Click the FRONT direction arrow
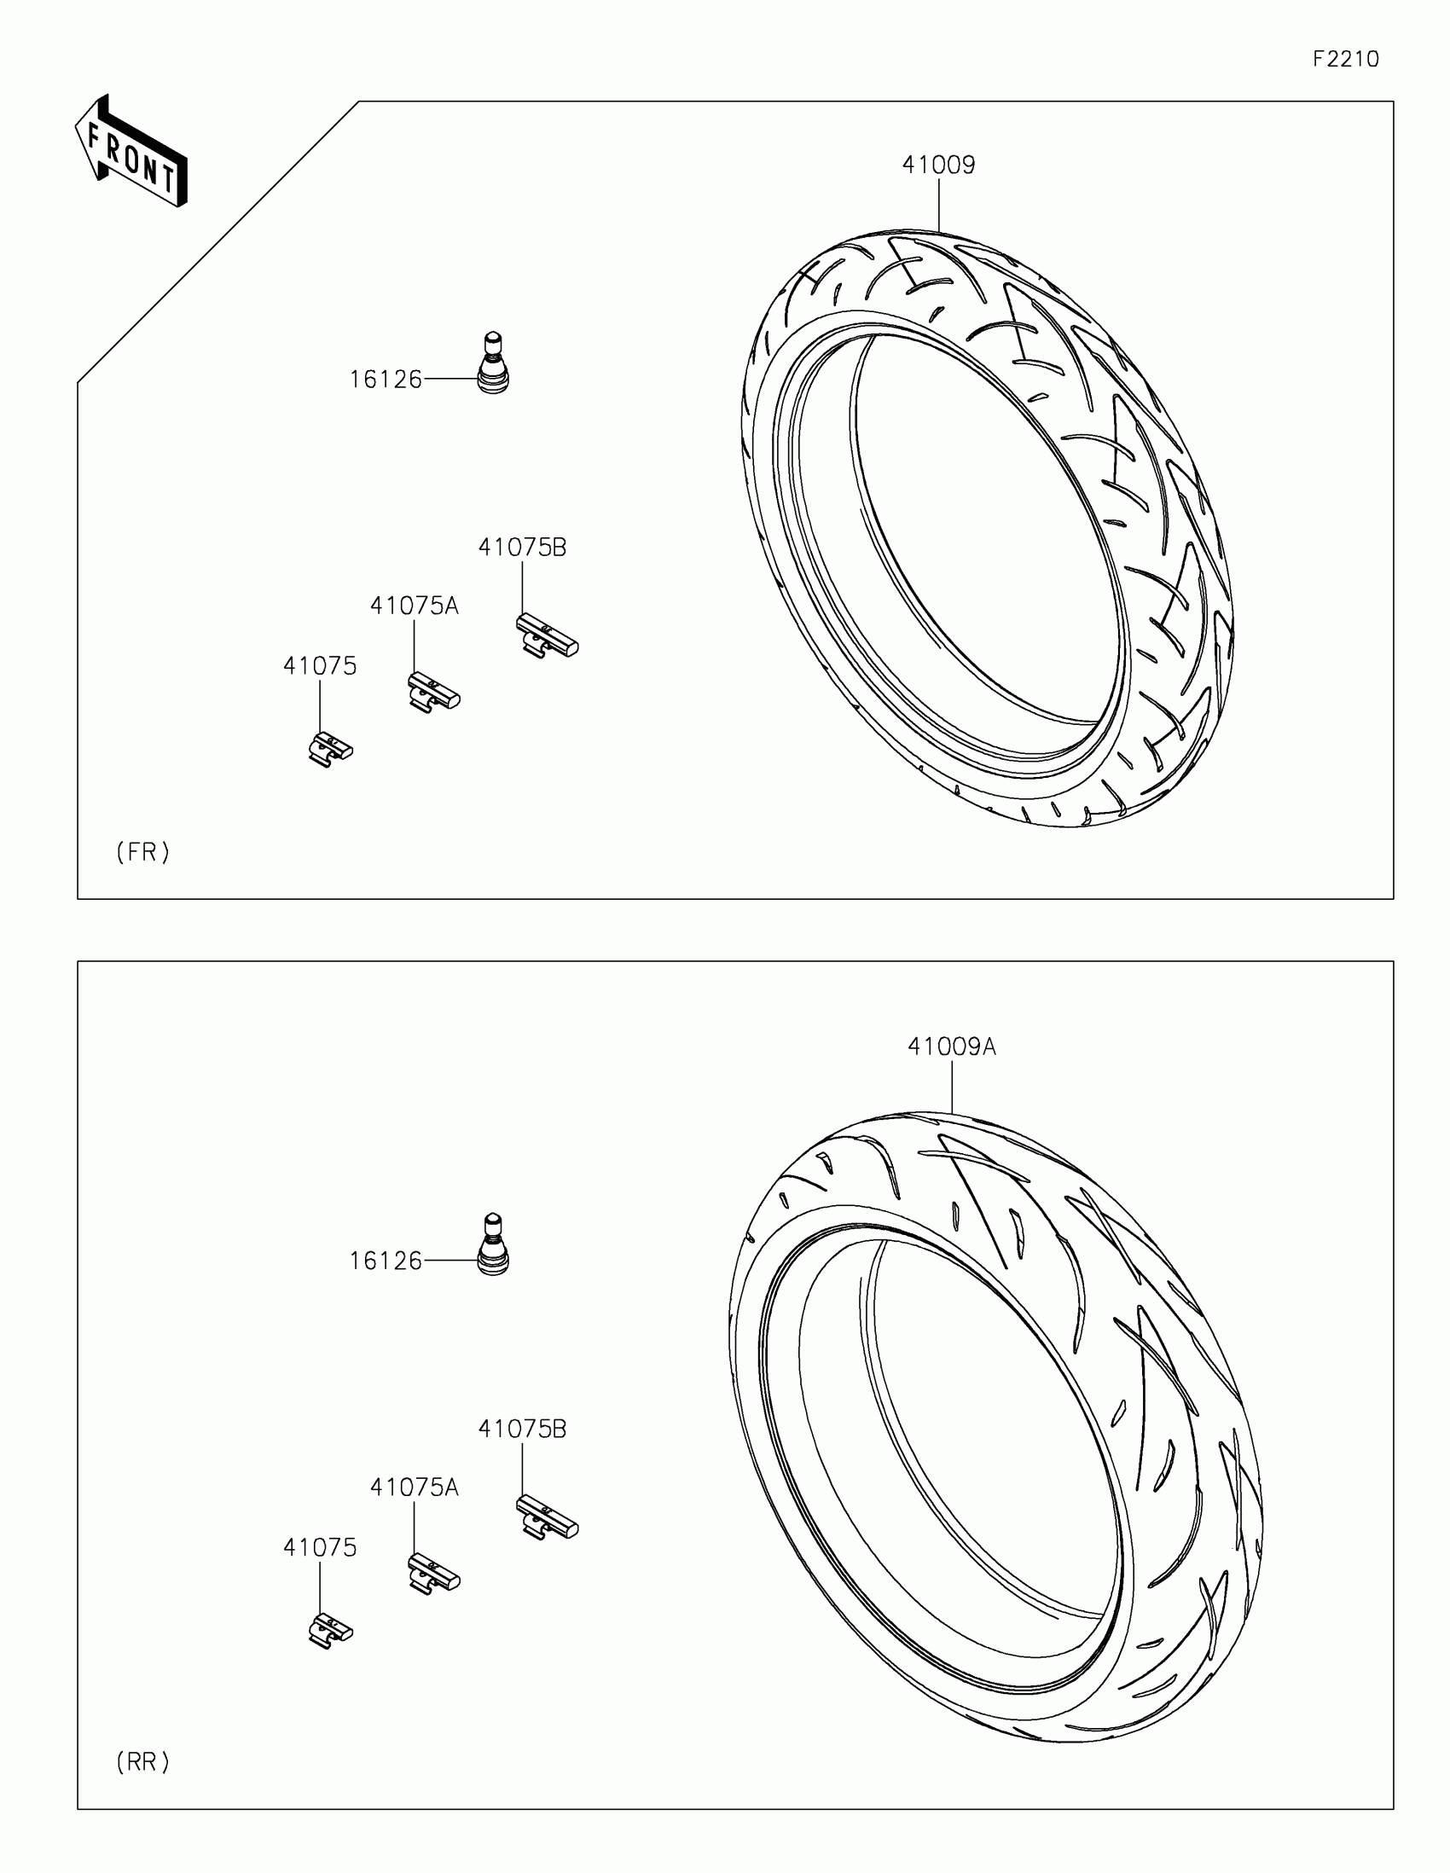click(130, 153)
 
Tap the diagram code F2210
click(1345, 59)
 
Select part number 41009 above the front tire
click(938, 165)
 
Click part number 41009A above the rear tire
click(952, 1047)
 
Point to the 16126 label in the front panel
click(386, 379)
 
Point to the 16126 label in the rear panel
click(386, 1261)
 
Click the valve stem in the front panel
click(492, 363)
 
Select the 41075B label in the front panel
click(522, 548)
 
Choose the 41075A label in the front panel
click(415, 606)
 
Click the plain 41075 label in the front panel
click(320, 666)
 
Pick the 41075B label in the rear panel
click(522, 1429)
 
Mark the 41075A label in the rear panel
click(415, 1487)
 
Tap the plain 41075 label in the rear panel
click(320, 1547)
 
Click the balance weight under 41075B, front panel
click(547, 635)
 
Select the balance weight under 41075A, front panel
click(434, 692)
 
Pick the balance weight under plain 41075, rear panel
click(330, 1630)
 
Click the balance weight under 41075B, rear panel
click(547, 1517)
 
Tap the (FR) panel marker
click(143, 851)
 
